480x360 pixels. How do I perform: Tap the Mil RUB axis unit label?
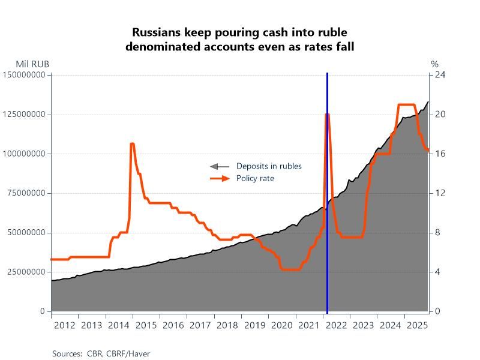(32, 64)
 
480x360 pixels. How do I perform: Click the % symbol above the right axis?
(434, 64)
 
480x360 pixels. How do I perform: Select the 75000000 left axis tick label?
(26, 193)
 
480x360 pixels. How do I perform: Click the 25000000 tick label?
(26, 272)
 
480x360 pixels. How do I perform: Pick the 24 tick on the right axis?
(439, 75)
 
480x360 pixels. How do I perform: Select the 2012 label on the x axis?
(64, 326)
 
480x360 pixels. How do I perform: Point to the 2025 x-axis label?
(416, 326)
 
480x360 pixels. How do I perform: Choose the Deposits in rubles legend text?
(269, 166)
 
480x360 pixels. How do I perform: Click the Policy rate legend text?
(255, 178)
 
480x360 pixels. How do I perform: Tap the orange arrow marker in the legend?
(220, 178)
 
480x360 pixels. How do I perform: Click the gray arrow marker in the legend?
(220, 166)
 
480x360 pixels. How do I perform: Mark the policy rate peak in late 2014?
(132, 144)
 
